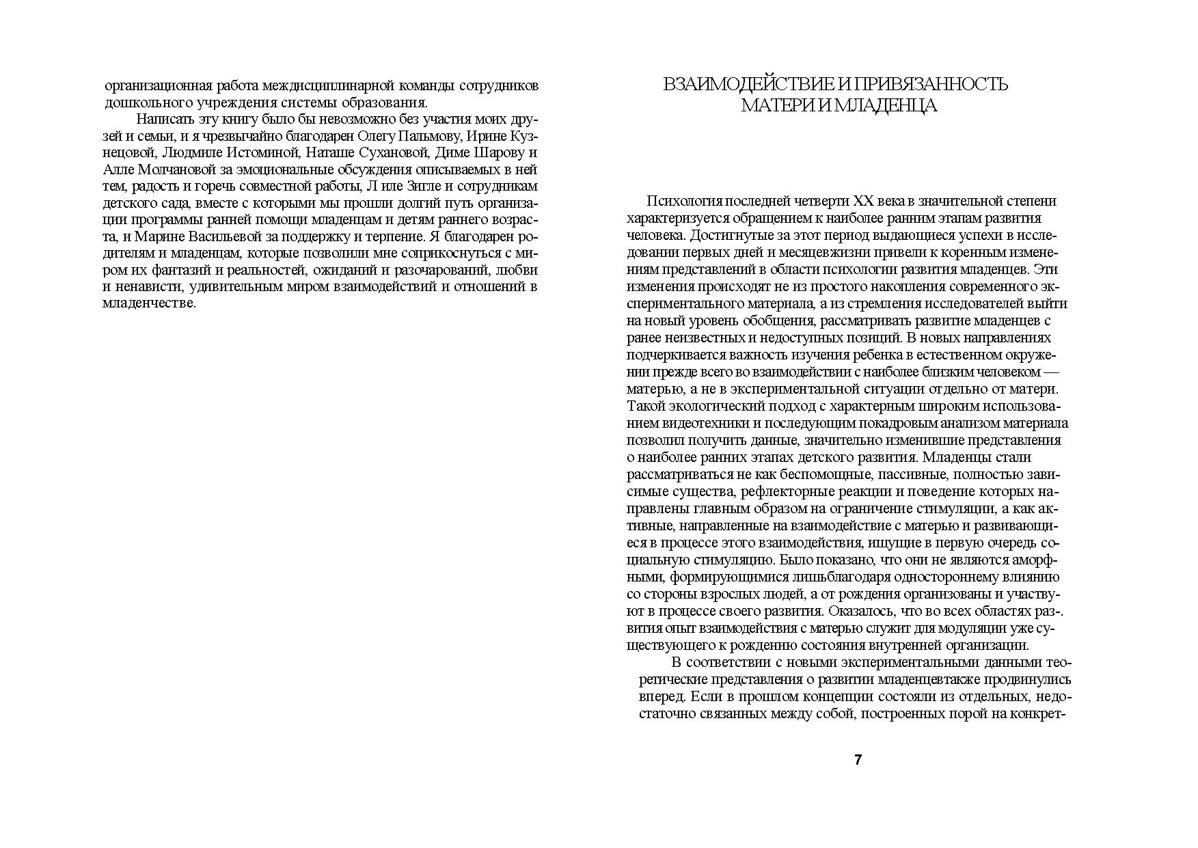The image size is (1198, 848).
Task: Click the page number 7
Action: (x=858, y=760)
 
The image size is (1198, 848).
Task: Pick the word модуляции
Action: (x=969, y=629)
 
